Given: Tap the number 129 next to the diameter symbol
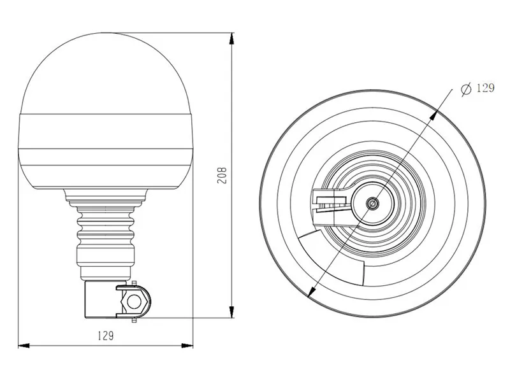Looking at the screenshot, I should click(x=484, y=88).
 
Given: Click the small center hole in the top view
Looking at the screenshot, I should click(x=371, y=203).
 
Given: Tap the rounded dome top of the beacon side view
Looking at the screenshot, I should click(x=105, y=70).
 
